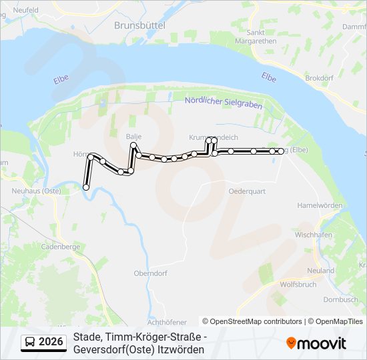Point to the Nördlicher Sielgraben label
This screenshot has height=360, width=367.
pos(223,103)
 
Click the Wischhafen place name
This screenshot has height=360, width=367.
pos(314,235)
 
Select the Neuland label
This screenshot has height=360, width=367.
pos(321,271)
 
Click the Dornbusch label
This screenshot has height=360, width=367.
pos(340,299)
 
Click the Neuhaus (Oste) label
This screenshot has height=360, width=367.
pos(37,191)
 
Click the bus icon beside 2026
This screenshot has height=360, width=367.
pos(30,343)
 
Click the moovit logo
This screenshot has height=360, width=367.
pos(316,343)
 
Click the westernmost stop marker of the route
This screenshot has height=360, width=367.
pos(85,187)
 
